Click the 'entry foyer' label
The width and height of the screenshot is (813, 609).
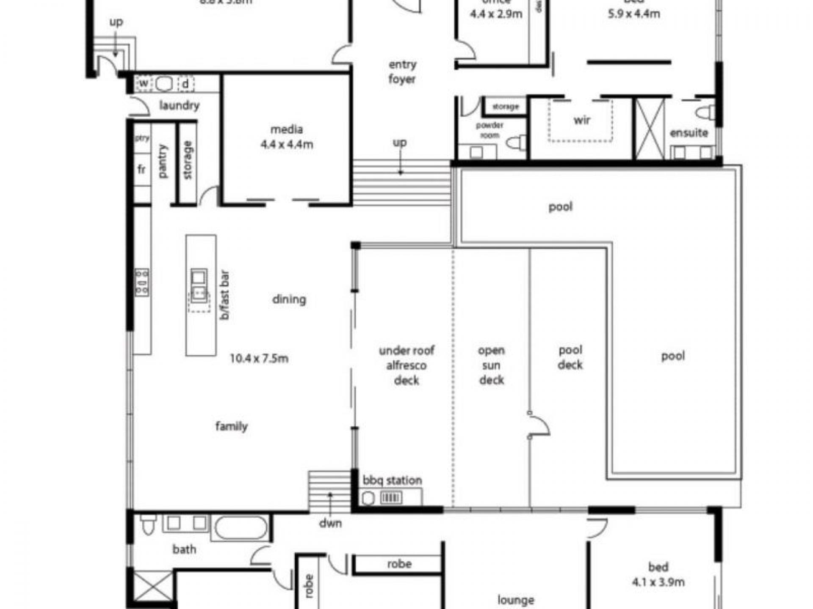coord(402,72)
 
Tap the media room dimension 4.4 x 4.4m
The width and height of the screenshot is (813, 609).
coord(287,144)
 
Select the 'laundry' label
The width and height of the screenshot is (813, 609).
coord(179,105)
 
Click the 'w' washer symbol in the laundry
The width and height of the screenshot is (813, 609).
coord(144,83)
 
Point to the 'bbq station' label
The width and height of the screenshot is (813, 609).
coord(392,480)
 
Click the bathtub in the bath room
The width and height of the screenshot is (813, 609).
coord(241,528)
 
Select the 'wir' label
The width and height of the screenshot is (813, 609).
coord(582,120)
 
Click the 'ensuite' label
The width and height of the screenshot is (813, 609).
coord(689,133)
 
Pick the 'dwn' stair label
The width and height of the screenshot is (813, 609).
coord(330,524)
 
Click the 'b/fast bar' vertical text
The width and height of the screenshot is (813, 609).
coord(225,295)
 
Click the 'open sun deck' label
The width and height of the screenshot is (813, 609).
coord(492,365)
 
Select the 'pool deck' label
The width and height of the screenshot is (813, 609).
coord(570,357)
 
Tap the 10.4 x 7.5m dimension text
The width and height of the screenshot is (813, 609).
coord(259,359)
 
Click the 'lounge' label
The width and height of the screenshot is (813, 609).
coord(515,600)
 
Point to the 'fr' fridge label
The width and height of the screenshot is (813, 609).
coord(141,170)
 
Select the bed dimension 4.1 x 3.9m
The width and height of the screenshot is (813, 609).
coord(658,582)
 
